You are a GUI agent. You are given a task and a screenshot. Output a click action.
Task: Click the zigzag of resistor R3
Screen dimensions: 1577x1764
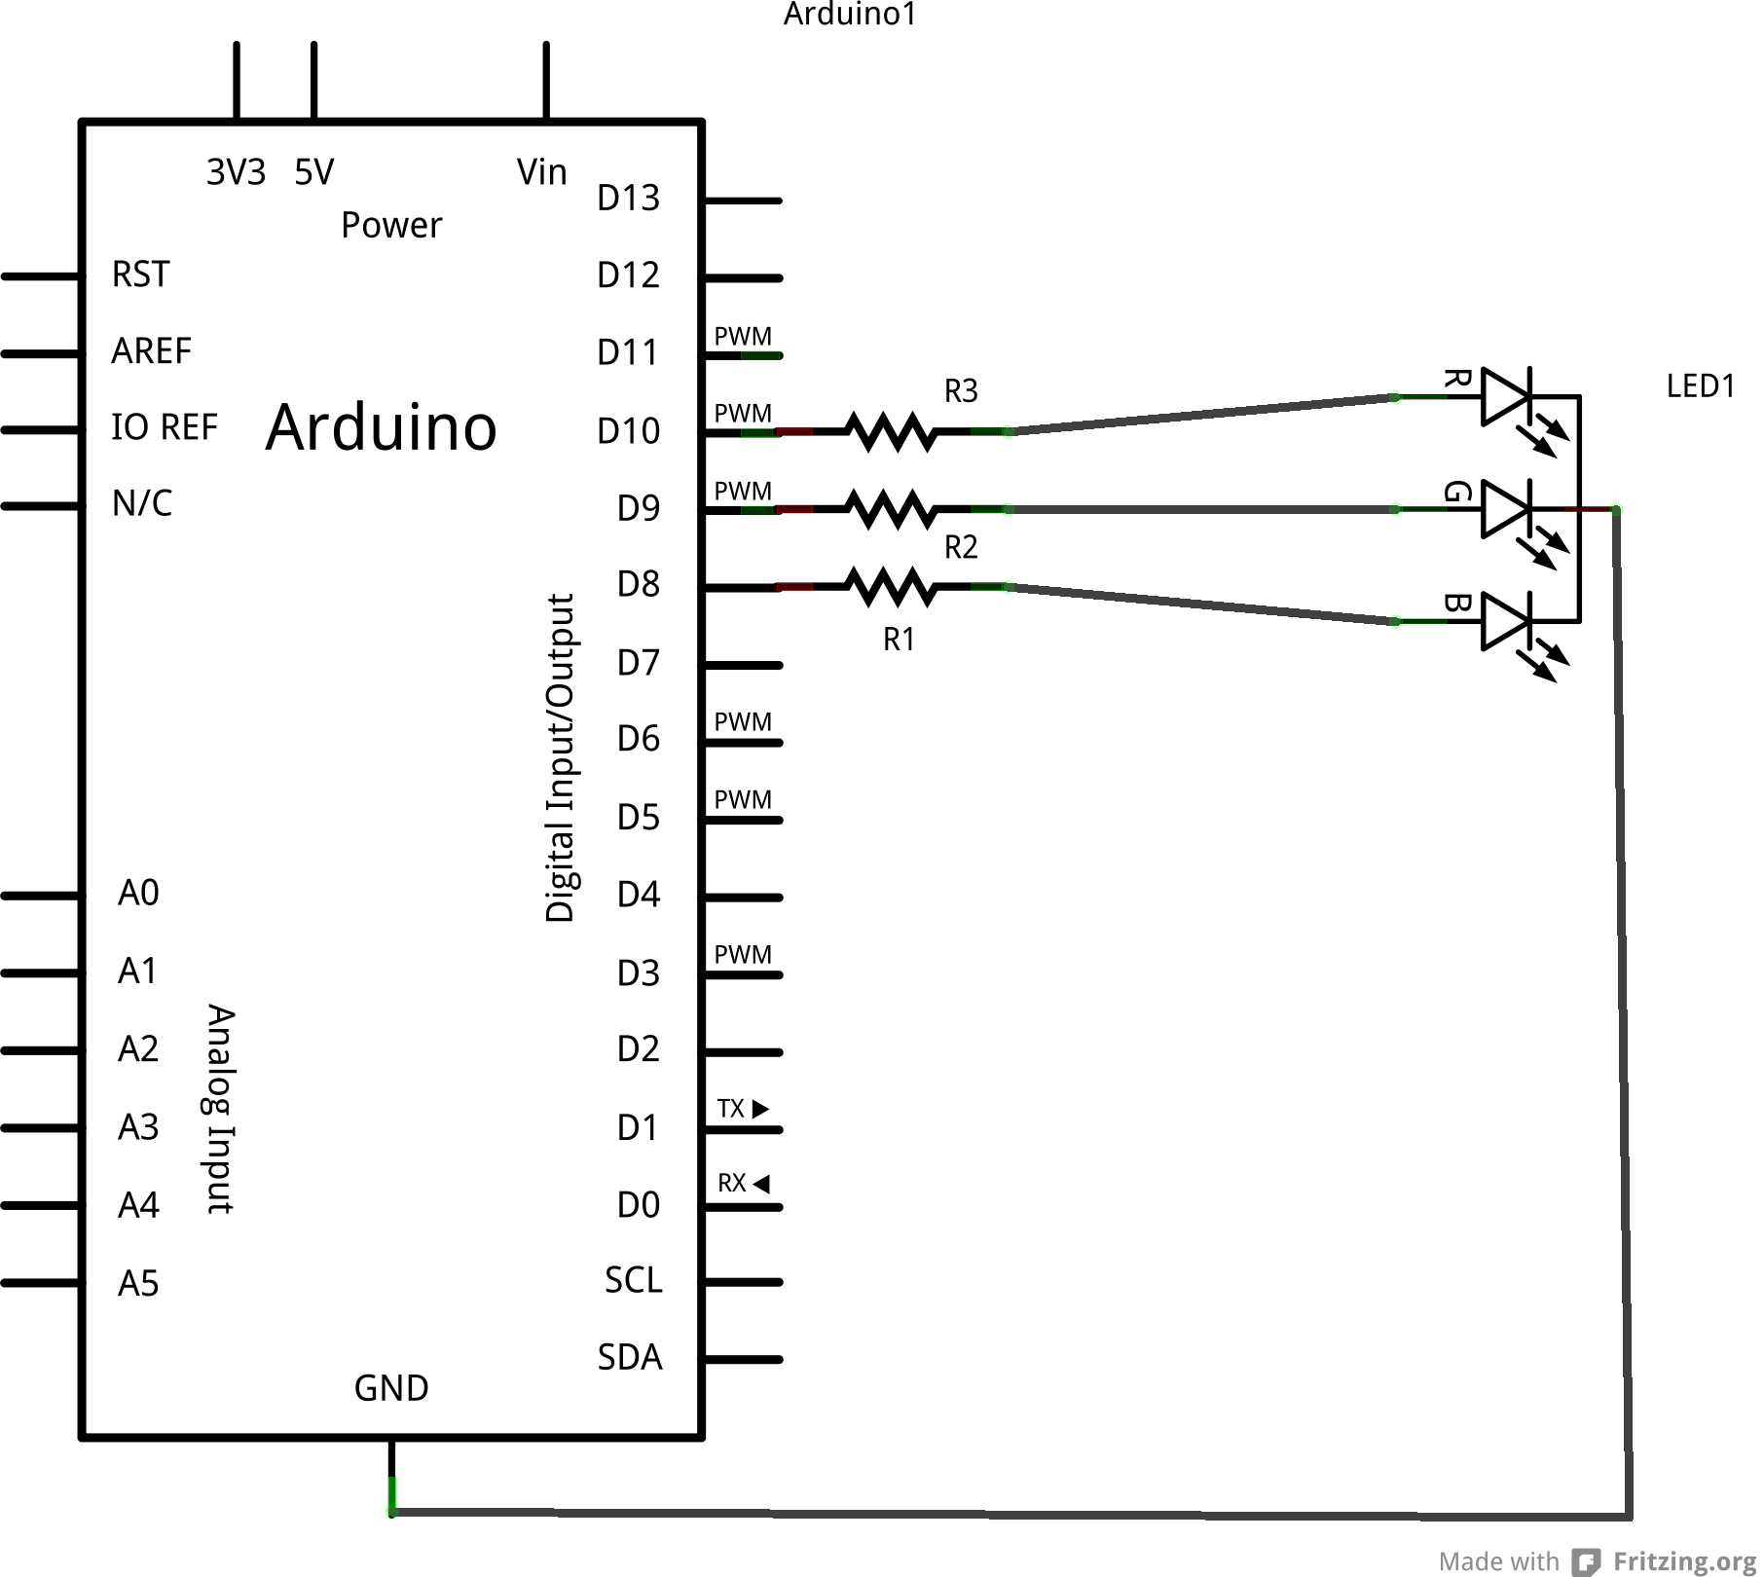pyautogui.click(x=891, y=431)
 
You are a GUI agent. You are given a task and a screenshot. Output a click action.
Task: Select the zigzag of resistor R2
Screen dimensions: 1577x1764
pyautogui.click(x=891, y=509)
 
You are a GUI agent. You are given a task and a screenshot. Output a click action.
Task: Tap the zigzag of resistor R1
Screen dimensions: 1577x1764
pyautogui.click(x=891, y=587)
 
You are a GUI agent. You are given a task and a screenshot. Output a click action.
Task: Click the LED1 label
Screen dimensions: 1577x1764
pyautogui.click(x=1700, y=386)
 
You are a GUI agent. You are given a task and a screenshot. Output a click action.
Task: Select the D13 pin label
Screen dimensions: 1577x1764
pyautogui.click(x=628, y=199)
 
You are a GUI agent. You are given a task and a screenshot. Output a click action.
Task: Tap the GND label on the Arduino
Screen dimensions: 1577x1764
pyautogui.click(x=391, y=1388)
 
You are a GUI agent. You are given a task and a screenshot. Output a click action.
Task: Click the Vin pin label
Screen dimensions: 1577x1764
pyautogui.click(x=541, y=172)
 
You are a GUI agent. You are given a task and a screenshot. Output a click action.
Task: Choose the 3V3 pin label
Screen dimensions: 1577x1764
pyautogui.click(x=236, y=172)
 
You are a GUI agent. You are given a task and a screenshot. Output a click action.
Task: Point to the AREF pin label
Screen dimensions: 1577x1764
pyautogui.click(x=151, y=350)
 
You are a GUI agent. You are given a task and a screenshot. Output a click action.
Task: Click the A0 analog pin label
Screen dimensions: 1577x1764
pyautogui.click(x=138, y=893)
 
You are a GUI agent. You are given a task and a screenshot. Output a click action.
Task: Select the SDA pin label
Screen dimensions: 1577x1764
pyautogui.click(x=630, y=1357)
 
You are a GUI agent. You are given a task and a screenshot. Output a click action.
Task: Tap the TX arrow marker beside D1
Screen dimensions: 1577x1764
pyautogui.click(x=760, y=1109)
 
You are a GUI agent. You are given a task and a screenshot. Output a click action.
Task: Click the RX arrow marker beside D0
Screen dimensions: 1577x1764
pyautogui.click(x=761, y=1184)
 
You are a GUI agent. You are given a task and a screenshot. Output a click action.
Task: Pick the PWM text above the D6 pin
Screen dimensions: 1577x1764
pyautogui.click(x=743, y=722)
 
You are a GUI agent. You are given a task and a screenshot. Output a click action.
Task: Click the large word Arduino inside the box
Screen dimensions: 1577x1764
pyautogui.click(x=382, y=428)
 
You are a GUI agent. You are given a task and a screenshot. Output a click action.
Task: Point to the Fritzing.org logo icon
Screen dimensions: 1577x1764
pyautogui.click(x=1587, y=1561)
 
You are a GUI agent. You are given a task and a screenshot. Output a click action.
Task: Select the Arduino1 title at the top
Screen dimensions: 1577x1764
pyautogui.click(x=850, y=14)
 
